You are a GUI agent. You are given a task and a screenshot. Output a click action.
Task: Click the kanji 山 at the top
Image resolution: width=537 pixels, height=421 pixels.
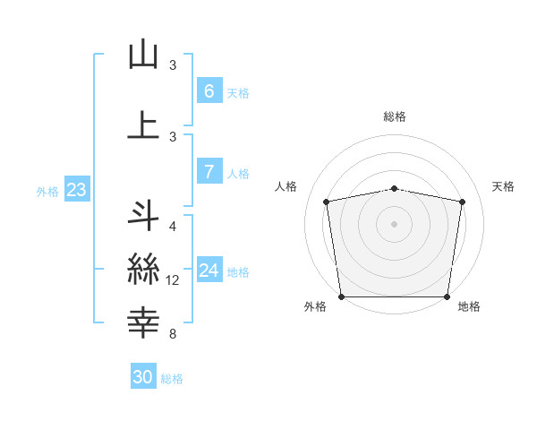pyautogui.click(x=143, y=56)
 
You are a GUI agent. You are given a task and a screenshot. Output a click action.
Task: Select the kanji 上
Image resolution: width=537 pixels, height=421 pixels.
pyautogui.click(x=143, y=125)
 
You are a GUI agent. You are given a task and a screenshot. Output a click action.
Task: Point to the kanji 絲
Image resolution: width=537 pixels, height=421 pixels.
pyautogui.click(x=143, y=268)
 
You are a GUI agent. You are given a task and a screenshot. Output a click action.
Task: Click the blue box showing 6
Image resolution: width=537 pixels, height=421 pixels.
pyautogui.click(x=209, y=91)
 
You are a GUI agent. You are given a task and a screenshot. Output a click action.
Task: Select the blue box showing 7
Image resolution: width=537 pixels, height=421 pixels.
pyautogui.click(x=209, y=172)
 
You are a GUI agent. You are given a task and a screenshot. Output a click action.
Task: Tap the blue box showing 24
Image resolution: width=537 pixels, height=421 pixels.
pyautogui.click(x=209, y=271)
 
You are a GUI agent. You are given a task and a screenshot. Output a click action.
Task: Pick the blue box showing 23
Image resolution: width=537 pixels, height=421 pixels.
pyautogui.click(x=76, y=190)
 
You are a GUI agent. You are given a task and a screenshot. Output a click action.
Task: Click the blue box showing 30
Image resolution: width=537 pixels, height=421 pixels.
pyautogui.click(x=143, y=377)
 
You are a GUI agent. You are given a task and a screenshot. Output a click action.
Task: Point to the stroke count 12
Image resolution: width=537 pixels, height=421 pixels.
pyautogui.click(x=173, y=280)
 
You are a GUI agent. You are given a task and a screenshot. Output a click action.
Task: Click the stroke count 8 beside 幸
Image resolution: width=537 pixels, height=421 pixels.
pyautogui.click(x=173, y=334)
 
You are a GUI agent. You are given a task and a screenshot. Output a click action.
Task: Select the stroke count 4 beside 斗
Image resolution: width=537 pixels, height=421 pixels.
pyautogui.click(x=173, y=227)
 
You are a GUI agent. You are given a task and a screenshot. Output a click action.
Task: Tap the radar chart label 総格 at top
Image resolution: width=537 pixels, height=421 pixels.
pyautogui.click(x=394, y=116)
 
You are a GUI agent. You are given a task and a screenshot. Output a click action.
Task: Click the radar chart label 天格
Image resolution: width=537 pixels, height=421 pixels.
pyautogui.click(x=503, y=186)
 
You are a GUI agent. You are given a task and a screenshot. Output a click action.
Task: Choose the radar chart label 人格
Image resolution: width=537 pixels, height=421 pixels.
pyautogui.click(x=286, y=186)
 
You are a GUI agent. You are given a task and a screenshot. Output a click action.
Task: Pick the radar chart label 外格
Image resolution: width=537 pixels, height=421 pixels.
pyautogui.click(x=315, y=306)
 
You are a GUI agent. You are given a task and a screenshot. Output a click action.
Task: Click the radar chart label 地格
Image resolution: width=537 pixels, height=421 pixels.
pyautogui.click(x=469, y=306)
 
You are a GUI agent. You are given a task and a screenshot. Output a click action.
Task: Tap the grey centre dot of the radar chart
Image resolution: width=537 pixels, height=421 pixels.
pyautogui.click(x=394, y=223)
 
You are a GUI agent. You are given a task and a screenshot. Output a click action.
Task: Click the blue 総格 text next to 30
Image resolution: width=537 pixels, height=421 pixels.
pyautogui.click(x=172, y=379)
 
